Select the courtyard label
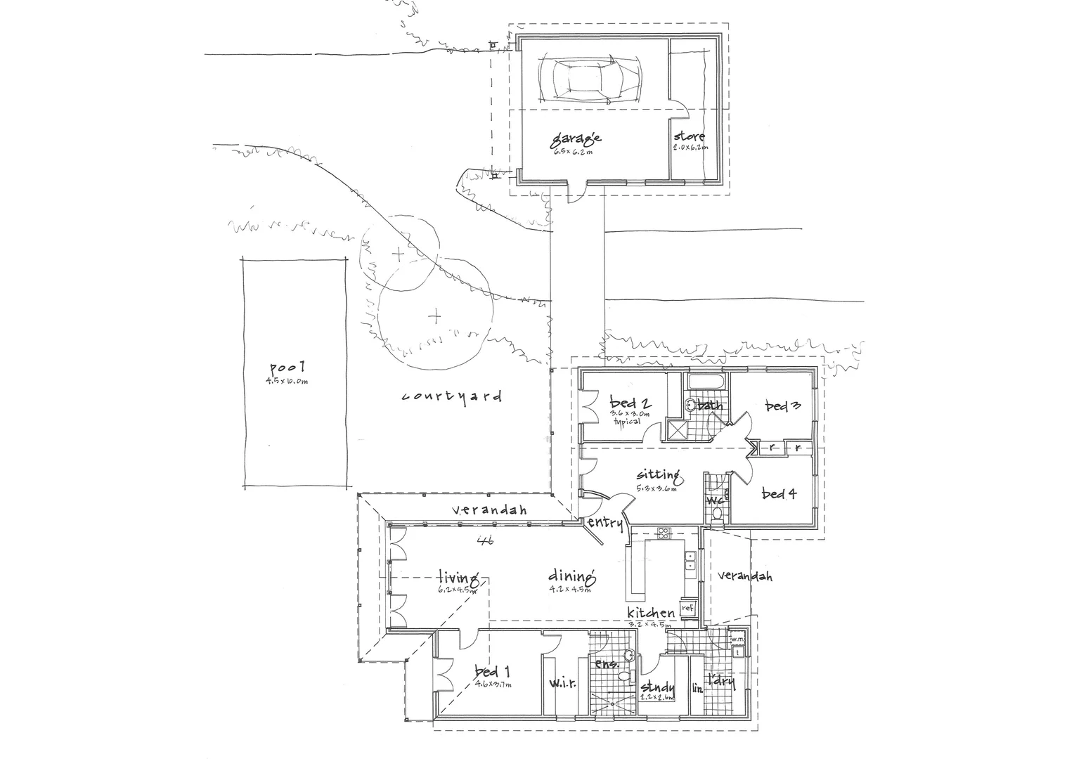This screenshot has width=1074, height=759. [451, 396]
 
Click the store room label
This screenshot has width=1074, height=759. [689, 136]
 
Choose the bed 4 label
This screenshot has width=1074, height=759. [779, 494]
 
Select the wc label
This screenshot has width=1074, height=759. [716, 500]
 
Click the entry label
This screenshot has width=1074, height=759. [604, 522]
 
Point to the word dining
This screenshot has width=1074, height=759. [572, 578]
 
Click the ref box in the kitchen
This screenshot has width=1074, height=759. [687, 607]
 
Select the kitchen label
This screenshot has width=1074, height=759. [651, 614]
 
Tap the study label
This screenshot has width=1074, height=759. [658, 687]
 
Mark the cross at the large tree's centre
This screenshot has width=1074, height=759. [436, 317]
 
